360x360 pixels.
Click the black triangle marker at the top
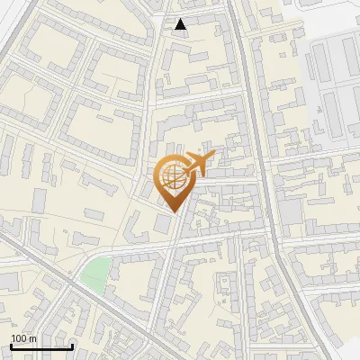(181, 24)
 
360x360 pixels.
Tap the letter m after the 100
(32, 338)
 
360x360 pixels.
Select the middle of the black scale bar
(41, 346)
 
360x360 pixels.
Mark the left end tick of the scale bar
(11, 346)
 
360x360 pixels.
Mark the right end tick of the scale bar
(72, 346)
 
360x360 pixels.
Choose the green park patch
(95, 272)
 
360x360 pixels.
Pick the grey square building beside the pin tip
(163, 222)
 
